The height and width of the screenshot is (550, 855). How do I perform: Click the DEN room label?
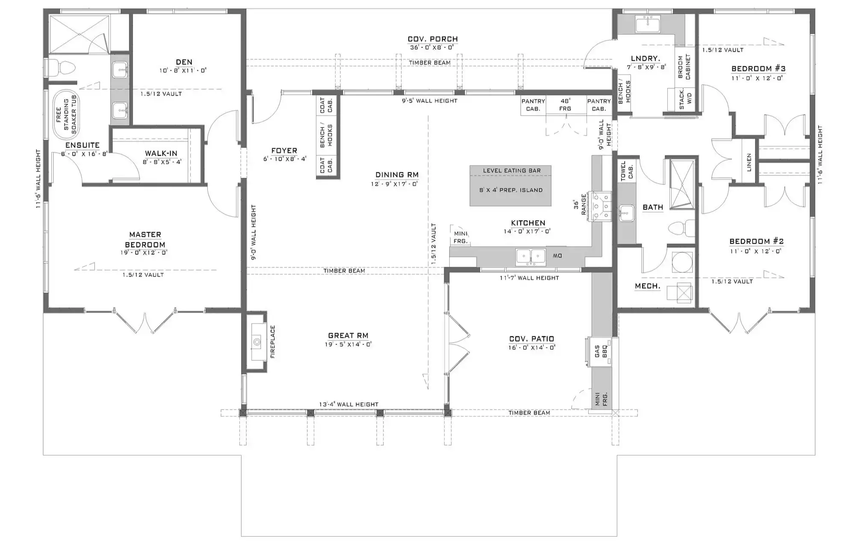point(184,62)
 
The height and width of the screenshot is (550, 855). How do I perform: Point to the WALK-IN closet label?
point(161,153)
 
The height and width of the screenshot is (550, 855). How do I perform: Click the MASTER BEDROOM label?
point(145,240)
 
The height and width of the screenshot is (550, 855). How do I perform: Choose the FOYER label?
point(284,150)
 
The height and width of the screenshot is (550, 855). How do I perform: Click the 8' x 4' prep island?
point(510,186)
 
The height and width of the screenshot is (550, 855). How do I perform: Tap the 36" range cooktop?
point(601,207)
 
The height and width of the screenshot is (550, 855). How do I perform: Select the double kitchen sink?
point(531,256)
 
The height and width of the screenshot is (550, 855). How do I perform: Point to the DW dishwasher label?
point(557,256)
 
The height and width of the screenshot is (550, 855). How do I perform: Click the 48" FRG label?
point(565,105)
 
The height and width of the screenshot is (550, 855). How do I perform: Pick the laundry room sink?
point(648,24)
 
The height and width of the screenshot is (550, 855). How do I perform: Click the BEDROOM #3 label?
point(758,68)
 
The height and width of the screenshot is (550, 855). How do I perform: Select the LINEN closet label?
point(749,163)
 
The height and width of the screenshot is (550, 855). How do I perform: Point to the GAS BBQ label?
point(601,351)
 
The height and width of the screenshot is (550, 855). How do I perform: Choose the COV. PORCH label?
point(433,39)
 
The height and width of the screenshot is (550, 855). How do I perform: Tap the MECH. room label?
point(647,286)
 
